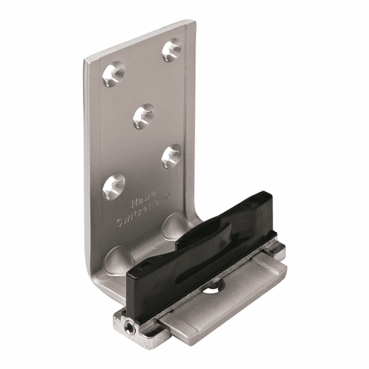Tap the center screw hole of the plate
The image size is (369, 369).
pos(144,114)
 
